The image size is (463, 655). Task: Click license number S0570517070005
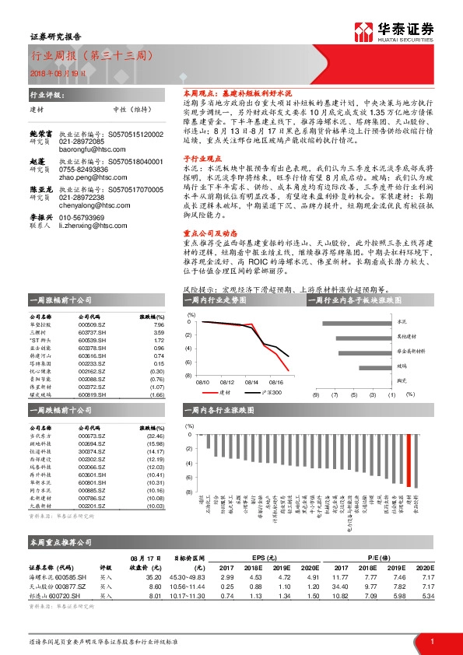point(135,188)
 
